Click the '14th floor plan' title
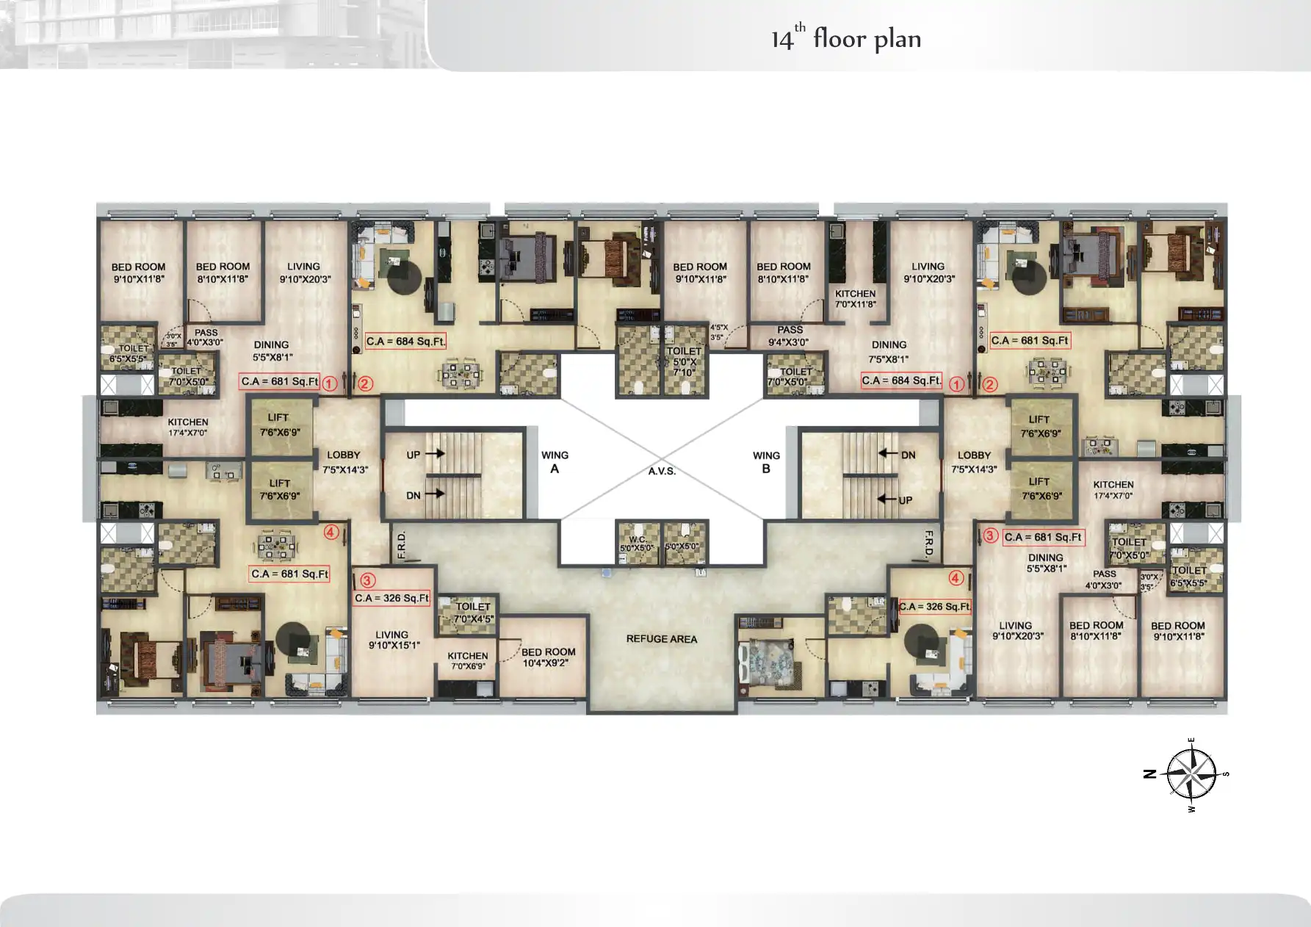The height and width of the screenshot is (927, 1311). [x=845, y=38]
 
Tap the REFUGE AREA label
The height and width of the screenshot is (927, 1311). [x=661, y=639]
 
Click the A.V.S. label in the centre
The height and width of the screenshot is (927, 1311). [x=661, y=471]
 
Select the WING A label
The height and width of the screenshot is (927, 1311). [x=555, y=462]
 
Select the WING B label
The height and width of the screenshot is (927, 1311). [x=766, y=462]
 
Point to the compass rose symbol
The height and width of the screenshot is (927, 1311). [x=1191, y=774]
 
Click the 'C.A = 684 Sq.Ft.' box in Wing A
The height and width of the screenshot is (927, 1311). [x=405, y=341]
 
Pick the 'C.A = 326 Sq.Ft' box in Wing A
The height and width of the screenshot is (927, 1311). [x=391, y=598]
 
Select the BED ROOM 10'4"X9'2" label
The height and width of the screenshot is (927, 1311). [x=548, y=657]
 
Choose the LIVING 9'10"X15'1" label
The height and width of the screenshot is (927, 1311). [x=393, y=640]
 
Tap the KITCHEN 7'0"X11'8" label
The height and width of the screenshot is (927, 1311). [x=855, y=298]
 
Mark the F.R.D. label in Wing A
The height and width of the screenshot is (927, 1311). [x=401, y=545]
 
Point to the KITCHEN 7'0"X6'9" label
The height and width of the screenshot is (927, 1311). [x=468, y=661]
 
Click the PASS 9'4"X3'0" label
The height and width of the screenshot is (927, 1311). [x=790, y=336]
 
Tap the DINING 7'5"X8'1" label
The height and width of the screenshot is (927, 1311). [x=889, y=351]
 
